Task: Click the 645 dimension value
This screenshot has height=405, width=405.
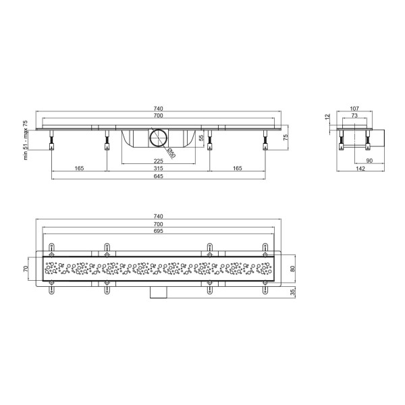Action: point(159,176)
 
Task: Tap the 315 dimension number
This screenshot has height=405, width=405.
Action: point(159,168)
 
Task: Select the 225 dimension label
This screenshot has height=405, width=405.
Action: point(159,161)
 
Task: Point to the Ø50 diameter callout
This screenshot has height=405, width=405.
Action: point(171,153)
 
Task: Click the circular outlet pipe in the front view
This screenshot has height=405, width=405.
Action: point(159,138)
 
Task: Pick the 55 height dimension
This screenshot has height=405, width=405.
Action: point(202,138)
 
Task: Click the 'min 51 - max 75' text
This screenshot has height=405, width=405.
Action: point(26,140)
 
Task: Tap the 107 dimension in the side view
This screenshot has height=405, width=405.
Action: point(354,109)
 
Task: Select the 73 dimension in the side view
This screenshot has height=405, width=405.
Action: point(354,115)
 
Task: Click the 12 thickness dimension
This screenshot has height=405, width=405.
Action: point(328,117)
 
